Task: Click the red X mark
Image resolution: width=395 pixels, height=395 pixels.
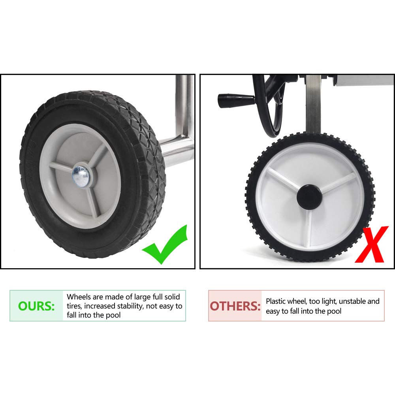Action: (371, 244)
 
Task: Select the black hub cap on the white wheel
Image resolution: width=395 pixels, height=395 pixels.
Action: (309, 197)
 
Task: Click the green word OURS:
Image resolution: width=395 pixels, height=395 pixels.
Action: (36, 306)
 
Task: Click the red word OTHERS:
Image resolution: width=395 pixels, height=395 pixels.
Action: (235, 306)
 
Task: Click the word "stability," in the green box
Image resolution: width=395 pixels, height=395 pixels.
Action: (130, 306)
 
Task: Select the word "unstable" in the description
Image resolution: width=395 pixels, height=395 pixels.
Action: (352, 301)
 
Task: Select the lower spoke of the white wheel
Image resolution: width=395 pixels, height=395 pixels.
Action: (308, 228)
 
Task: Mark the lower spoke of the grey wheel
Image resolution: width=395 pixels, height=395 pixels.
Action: (93, 199)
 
